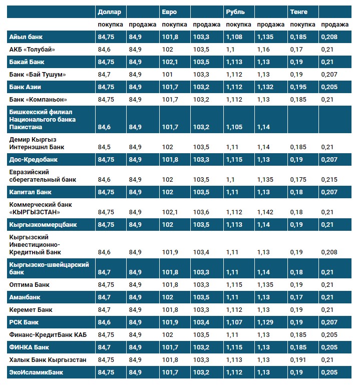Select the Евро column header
(x=169, y=12)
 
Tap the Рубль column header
(x=235, y=12)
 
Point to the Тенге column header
(x=299, y=12)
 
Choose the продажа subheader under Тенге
(x=335, y=25)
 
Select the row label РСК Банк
(x=24, y=322)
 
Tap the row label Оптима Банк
(x=30, y=285)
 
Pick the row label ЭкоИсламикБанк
(x=36, y=372)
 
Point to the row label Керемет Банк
(x=31, y=310)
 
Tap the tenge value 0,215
(x=328, y=179)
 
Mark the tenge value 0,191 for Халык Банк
(x=297, y=360)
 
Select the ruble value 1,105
(x=234, y=127)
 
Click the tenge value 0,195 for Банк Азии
(x=297, y=87)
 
